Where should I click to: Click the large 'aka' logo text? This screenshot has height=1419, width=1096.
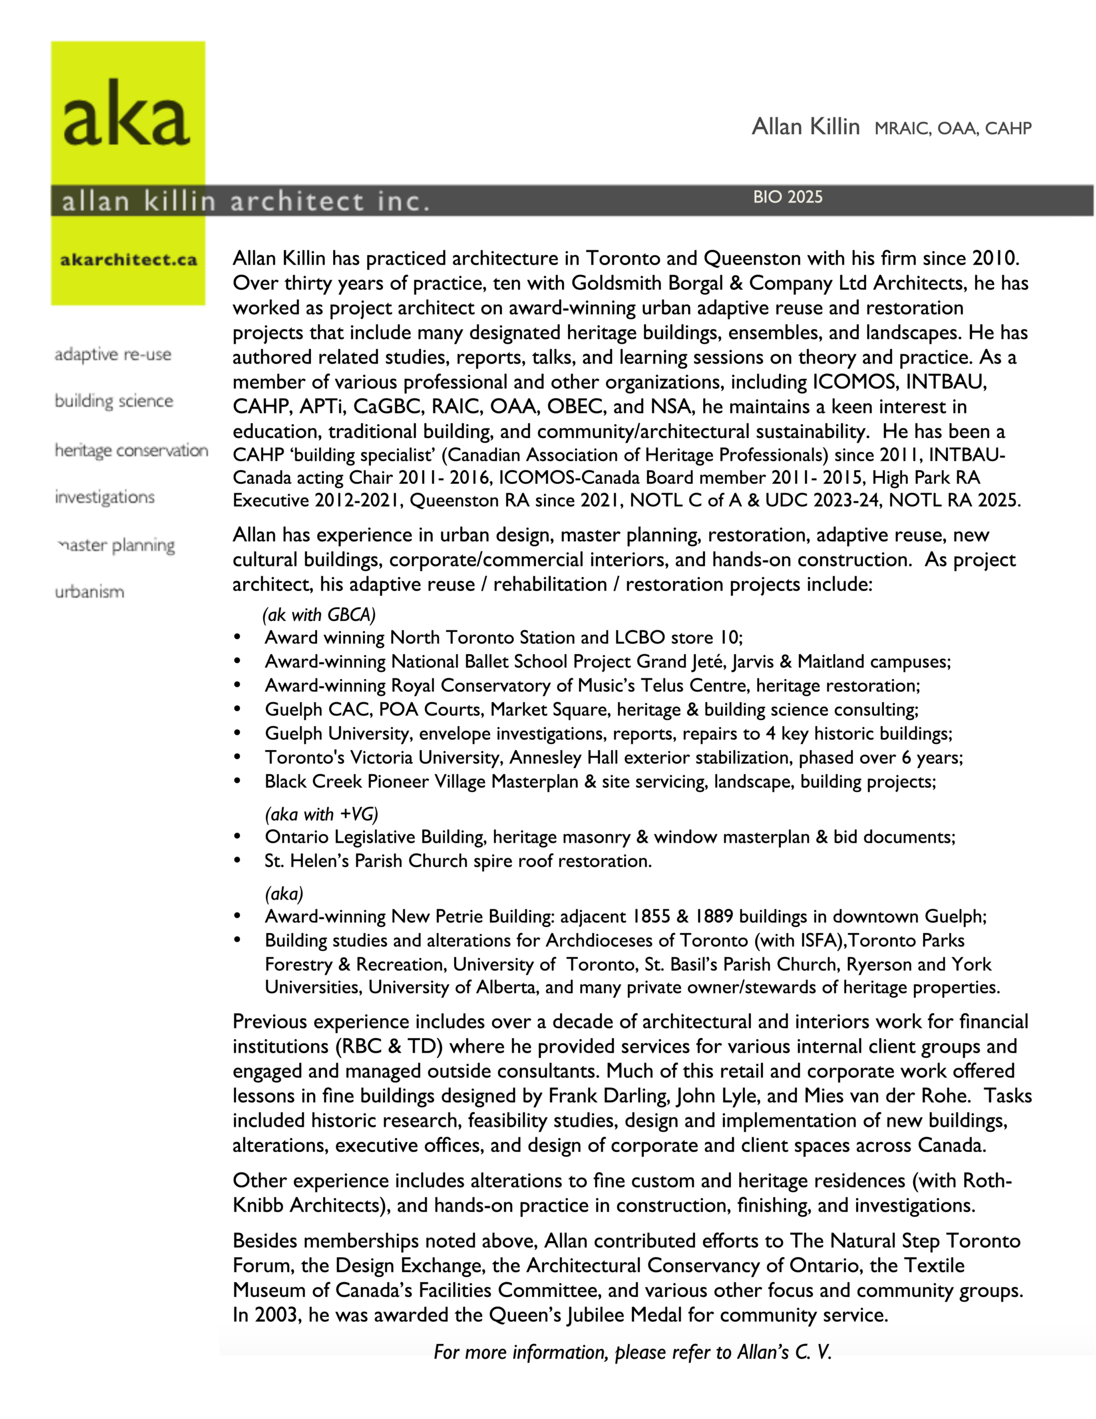click(x=127, y=114)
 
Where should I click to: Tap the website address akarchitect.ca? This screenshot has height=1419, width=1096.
click(x=128, y=260)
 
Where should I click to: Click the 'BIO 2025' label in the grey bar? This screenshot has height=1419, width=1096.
click(x=787, y=197)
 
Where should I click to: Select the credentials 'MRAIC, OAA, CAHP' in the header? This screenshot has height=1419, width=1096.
click(x=952, y=129)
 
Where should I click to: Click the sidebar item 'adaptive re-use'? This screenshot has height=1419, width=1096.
click(x=113, y=355)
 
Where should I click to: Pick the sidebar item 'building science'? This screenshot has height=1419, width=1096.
click(x=114, y=401)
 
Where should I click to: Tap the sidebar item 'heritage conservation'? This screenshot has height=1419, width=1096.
click(x=131, y=450)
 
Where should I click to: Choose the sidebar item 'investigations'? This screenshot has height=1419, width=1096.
click(x=105, y=497)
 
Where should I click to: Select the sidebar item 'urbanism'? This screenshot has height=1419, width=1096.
click(x=90, y=592)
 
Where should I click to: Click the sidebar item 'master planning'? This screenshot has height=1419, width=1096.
click(x=116, y=545)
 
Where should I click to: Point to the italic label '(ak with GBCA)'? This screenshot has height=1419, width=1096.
click(x=319, y=614)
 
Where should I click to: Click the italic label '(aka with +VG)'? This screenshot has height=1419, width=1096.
click(x=321, y=814)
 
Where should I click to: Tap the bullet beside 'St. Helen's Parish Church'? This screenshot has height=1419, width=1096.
click(x=237, y=860)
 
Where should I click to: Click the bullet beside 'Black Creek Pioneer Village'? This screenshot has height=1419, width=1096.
click(x=237, y=780)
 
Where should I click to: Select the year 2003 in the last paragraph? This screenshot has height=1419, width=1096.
click(x=276, y=1315)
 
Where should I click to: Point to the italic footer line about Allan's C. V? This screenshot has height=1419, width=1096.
click(x=632, y=1352)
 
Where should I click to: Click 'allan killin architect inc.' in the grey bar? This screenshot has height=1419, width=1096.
click(x=245, y=201)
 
